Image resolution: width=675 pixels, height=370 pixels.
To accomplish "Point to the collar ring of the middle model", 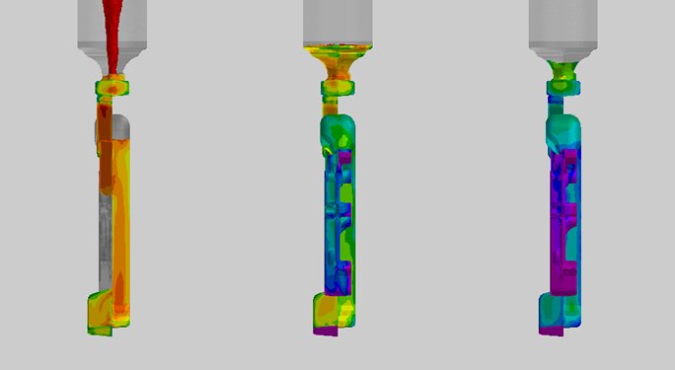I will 337,90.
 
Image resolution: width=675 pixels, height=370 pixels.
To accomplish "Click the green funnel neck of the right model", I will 562,70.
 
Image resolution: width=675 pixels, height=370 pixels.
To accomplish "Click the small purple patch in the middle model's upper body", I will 344,158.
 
